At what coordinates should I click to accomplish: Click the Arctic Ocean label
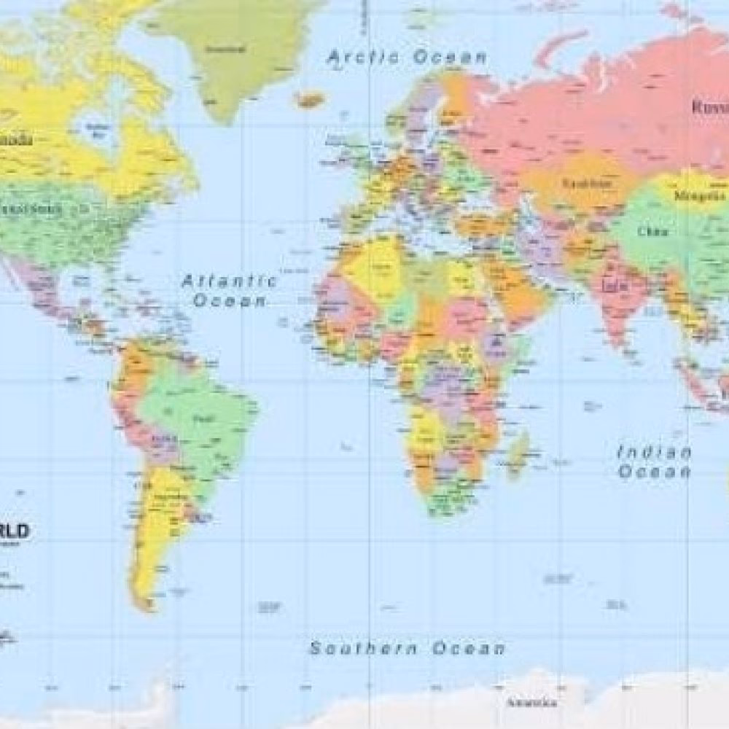point(407,57)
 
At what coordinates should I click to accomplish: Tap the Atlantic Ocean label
point(229,289)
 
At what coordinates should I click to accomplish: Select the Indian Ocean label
point(654,461)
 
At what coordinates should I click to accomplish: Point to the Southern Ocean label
point(407,648)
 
